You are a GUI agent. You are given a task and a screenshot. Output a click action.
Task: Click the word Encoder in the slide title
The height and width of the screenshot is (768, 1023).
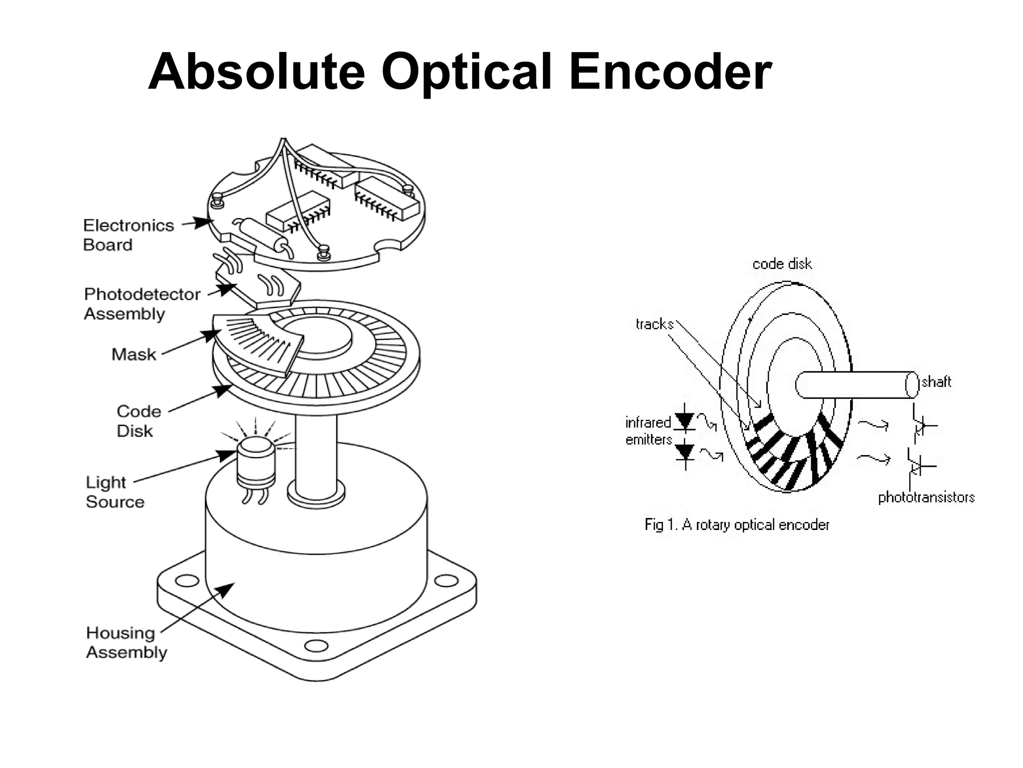pos(670,72)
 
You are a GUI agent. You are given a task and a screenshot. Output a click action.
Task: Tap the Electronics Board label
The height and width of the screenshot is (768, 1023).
pos(128,235)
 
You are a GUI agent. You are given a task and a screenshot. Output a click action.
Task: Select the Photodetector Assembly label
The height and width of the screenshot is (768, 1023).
pos(141,303)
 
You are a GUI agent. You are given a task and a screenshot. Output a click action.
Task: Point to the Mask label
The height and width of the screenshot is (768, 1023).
pos(133,354)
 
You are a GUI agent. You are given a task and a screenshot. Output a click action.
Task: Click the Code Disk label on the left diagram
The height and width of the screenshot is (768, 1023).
pos(138,421)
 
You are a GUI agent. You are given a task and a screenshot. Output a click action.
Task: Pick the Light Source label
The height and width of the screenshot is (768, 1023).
pos(114,492)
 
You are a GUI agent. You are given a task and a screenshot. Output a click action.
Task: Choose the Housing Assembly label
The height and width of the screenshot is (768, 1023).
pos(126,642)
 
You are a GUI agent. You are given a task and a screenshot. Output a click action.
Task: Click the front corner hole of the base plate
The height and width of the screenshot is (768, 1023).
pos(316,645)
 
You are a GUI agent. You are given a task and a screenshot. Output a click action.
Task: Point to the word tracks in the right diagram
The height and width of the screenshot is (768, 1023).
pos(654,324)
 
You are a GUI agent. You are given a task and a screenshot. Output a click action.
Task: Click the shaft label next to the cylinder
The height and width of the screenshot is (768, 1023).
pos(936,382)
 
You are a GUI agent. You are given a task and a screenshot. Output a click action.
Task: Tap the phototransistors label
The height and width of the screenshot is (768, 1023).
pos(926,497)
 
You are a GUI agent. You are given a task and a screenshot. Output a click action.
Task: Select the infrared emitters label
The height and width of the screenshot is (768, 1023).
pos(648,431)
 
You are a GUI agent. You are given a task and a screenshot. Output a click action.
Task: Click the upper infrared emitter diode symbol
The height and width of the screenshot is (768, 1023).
pos(685,421)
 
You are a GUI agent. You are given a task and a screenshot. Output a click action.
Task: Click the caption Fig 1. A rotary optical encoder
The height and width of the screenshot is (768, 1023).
pos(737,524)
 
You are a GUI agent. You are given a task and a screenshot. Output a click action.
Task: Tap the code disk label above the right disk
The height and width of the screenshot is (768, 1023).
pos(782,264)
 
